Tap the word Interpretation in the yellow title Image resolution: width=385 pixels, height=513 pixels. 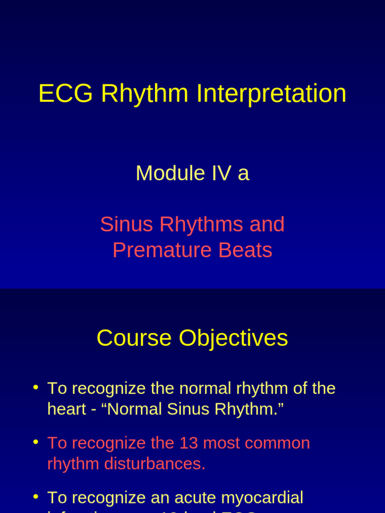(x=271, y=94)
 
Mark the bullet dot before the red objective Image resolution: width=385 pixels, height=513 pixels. (x=36, y=442)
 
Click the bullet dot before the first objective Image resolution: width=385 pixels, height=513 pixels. (x=36, y=387)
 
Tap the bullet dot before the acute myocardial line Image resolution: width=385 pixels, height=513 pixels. (x=36, y=496)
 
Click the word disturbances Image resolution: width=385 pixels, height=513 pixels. (x=154, y=464)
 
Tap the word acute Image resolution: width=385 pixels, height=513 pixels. (x=194, y=498)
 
